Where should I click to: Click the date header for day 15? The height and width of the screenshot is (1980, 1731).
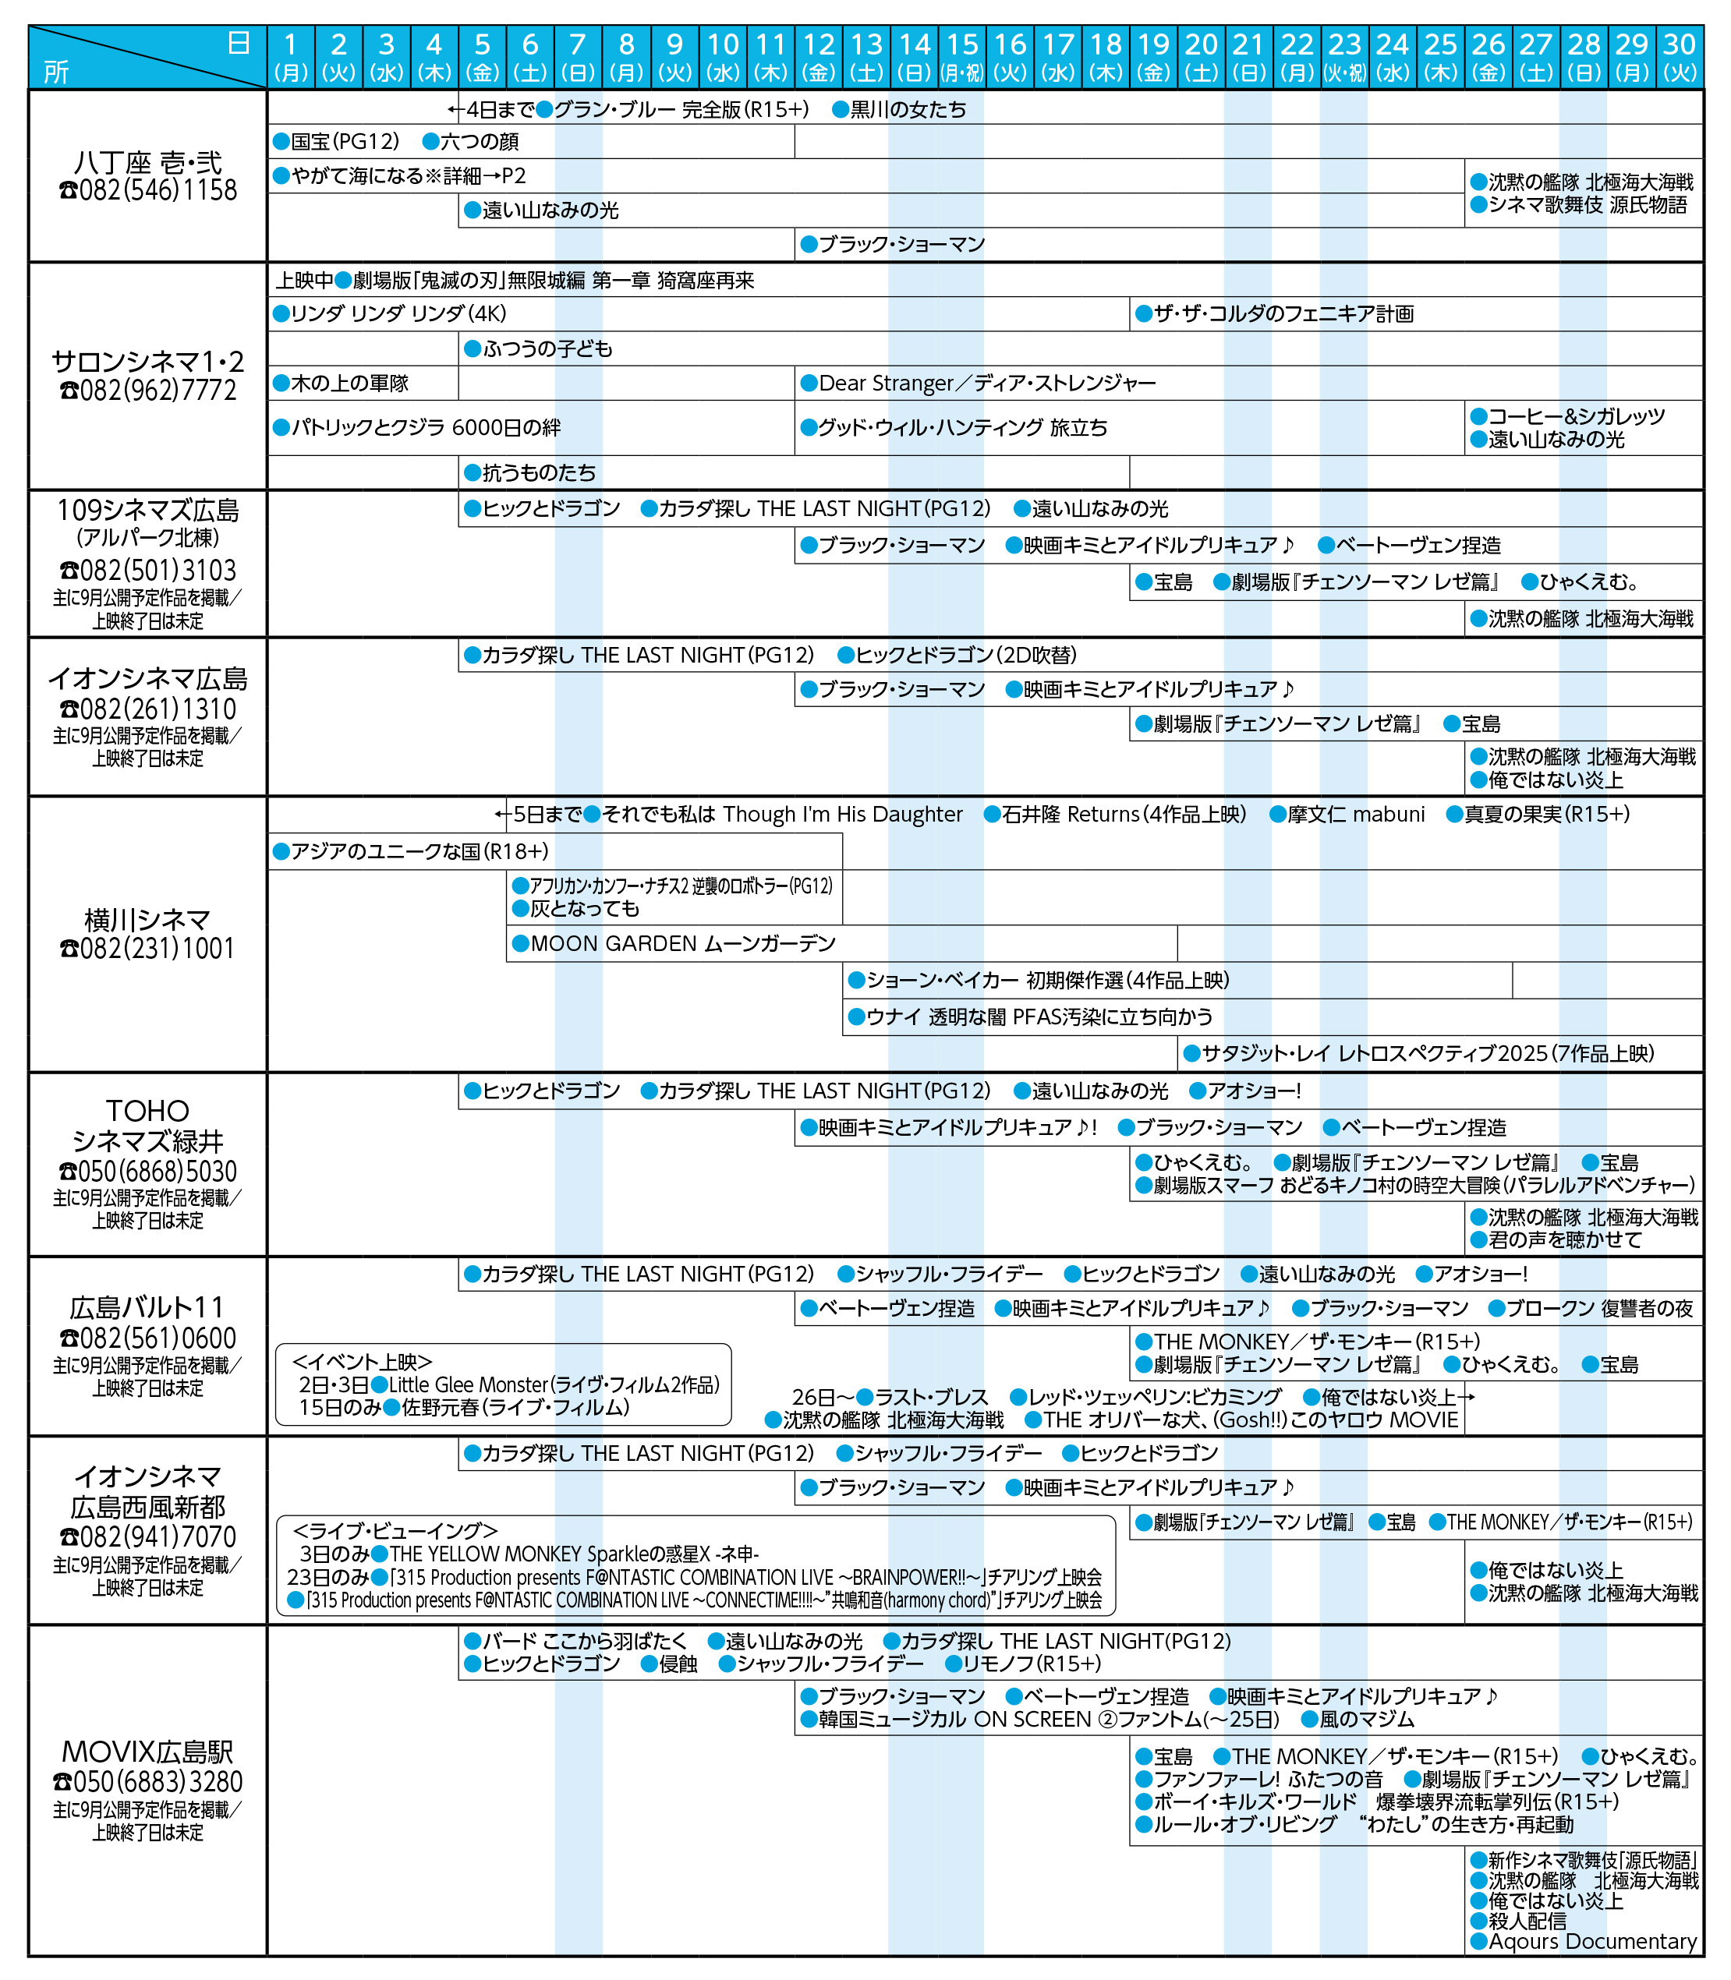[x=961, y=56]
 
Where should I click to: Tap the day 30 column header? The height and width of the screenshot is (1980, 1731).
[x=1679, y=56]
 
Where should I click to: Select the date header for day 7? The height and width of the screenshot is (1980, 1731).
[x=578, y=56]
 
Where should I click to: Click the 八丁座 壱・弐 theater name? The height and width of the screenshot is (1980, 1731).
[x=148, y=161]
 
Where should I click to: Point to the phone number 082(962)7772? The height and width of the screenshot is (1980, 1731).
[x=148, y=391]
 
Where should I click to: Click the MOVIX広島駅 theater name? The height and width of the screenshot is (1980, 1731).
[x=148, y=1751]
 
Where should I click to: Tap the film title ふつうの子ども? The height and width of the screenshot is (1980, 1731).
[x=547, y=348]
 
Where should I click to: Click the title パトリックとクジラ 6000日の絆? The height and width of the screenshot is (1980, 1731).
[x=425, y=428]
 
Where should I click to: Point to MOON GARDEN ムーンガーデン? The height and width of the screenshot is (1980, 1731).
[x=682, y=944]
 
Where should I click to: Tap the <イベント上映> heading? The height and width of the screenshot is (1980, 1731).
[x=363, y=1362]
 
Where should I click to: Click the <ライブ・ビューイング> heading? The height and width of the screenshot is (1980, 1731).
[x=395, y=1531]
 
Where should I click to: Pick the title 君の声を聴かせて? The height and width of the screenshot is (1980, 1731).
[x=1564, y=1239]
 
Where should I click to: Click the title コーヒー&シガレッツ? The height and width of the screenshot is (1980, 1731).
[x=1577, y=416]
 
